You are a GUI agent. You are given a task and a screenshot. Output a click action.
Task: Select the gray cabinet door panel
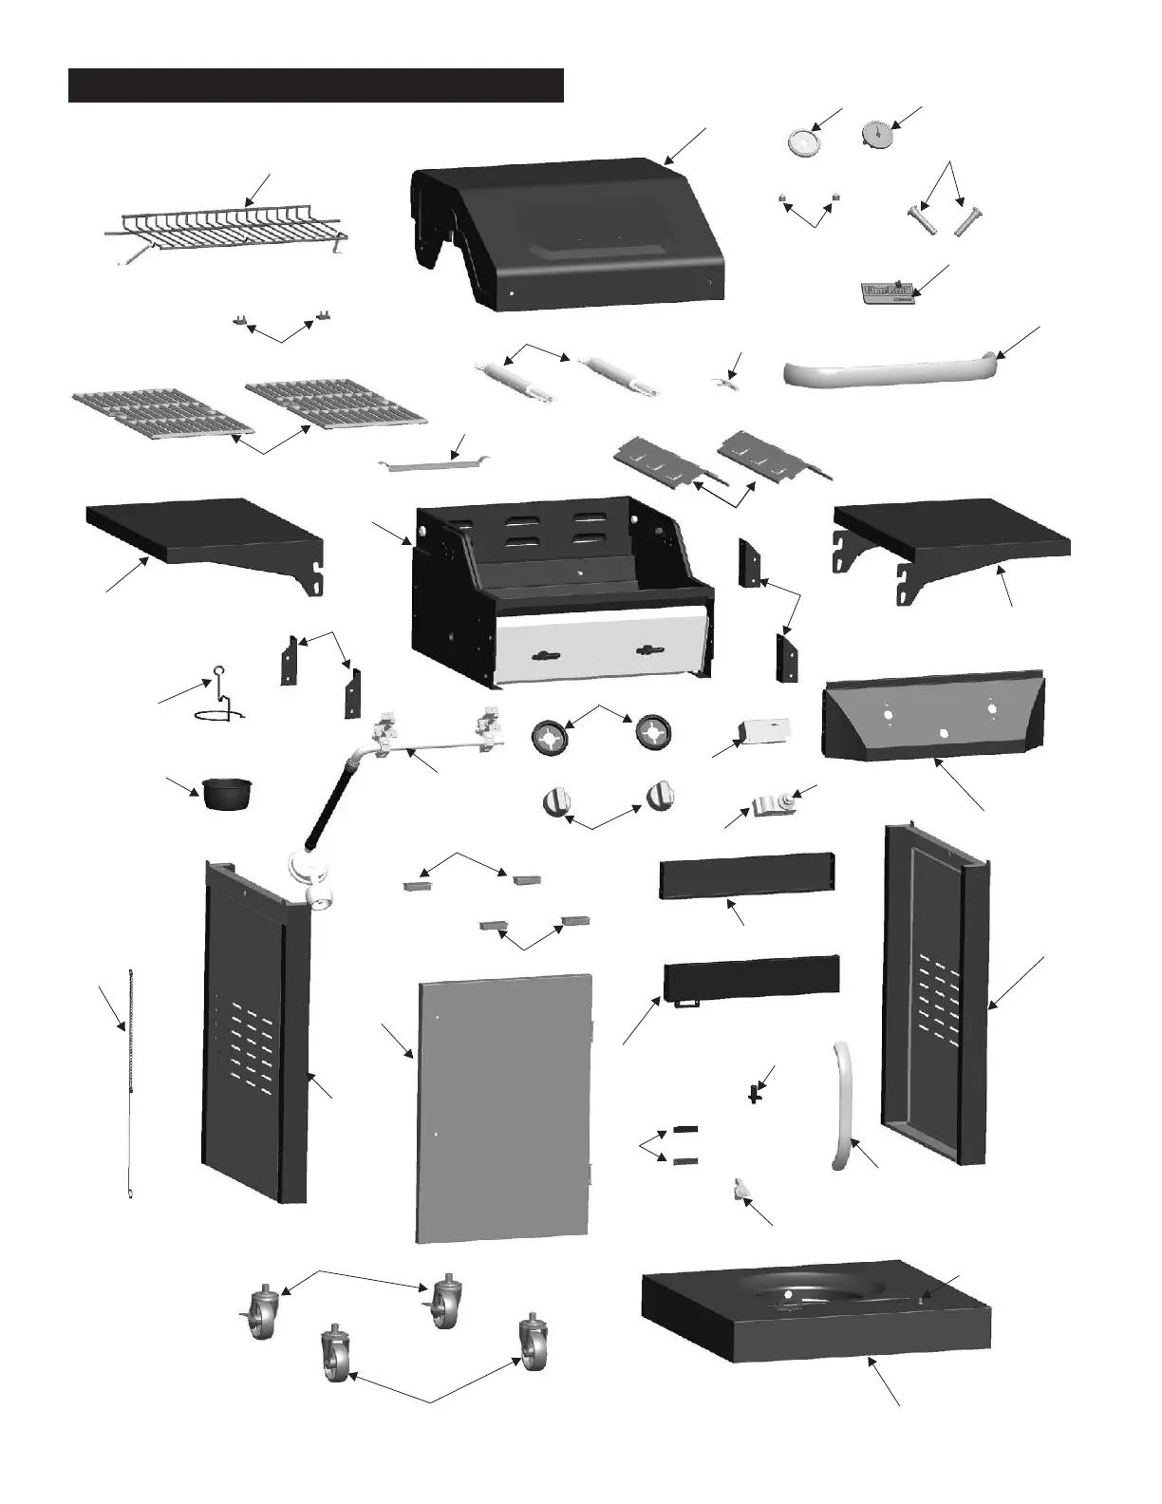503,1106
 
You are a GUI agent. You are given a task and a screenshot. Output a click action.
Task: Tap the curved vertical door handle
843,1106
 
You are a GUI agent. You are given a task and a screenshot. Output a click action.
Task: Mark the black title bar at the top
316,85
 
